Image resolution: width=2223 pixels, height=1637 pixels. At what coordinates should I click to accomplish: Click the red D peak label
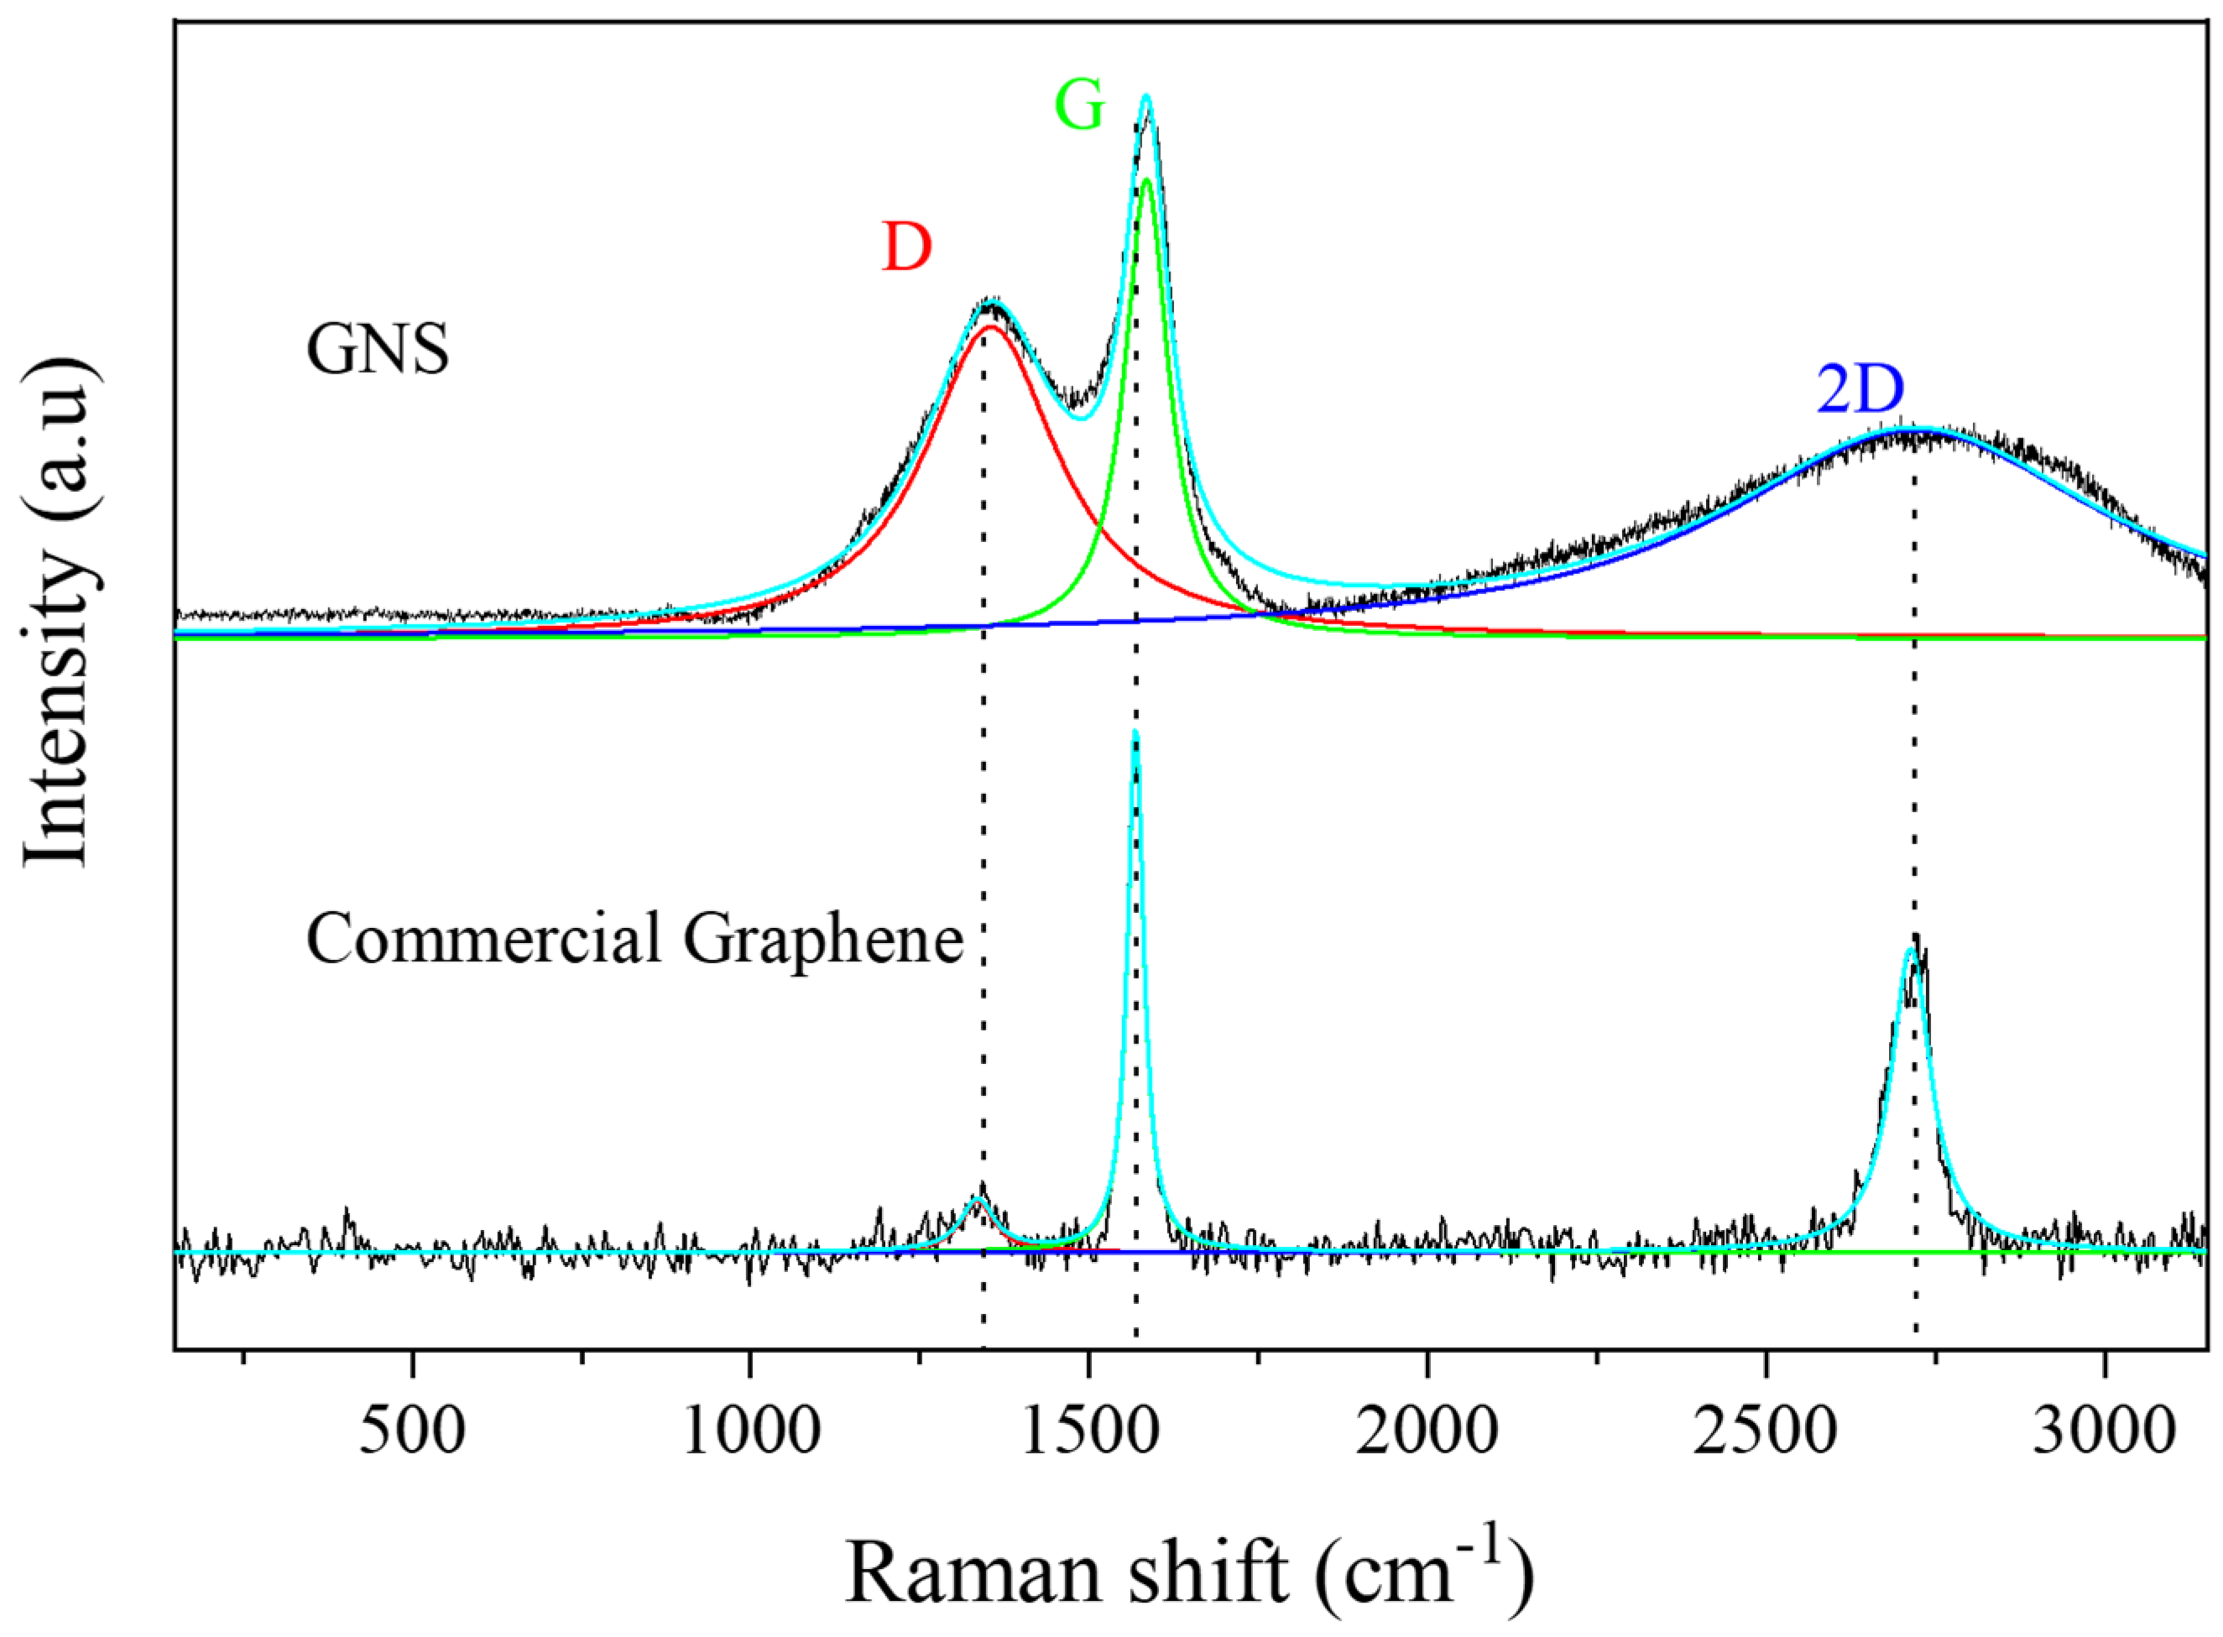905,248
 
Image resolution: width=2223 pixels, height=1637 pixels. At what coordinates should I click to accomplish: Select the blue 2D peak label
1860,390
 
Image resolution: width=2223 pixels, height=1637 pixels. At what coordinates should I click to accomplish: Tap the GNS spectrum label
378,350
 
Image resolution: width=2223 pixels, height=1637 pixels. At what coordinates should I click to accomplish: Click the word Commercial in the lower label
483,938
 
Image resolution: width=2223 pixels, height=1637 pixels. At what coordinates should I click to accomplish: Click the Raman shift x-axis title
1189,1572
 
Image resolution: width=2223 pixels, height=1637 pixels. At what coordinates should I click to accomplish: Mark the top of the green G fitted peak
1146,180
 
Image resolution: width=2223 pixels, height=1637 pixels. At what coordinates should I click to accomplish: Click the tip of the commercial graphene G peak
1135,733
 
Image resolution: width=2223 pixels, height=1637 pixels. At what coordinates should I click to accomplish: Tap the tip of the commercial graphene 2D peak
1910,949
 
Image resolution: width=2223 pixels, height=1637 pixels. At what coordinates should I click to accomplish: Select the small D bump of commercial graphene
977,1200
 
